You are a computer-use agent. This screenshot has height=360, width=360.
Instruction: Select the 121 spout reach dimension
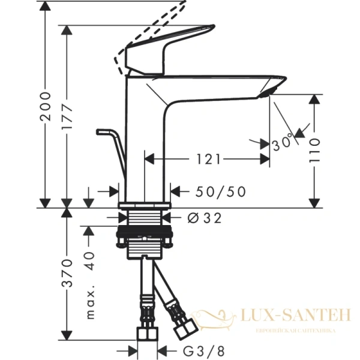point(206,159)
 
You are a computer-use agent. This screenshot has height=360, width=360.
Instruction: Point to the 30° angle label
point(281,143)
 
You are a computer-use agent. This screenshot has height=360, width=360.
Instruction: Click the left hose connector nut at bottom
point(145,334)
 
